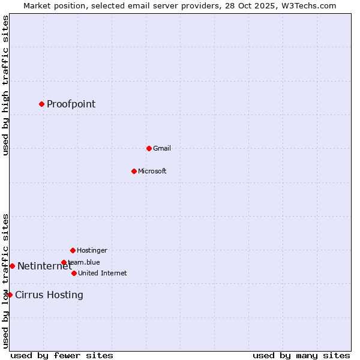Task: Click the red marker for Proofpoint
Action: [x=41, y=104]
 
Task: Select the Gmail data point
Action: [x=149, y=148]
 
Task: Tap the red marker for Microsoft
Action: [x=134, y=171]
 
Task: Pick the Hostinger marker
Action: [x=73, y=250]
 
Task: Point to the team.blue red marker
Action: [x=64, y=262]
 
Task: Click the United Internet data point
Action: [x=74, y=273]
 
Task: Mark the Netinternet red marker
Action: [x=12, y=266]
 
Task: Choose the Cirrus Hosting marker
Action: [x=10, y=295]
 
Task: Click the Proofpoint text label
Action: [x=71, y=104]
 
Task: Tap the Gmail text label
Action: [x=162, y=148]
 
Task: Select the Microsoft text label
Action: [x=152, y=171]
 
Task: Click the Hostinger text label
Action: [x=92, y=250]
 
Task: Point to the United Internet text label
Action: [x=103, y=273]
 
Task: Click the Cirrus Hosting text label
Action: [x=49, y=295]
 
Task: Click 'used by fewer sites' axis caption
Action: [x=62, y=355]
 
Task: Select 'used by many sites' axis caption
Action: [x=301, y=355]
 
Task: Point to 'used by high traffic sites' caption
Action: [x=5, y=86]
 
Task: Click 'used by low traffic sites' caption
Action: [x=5, y=281]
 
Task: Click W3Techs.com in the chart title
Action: [x=307, y=5]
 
